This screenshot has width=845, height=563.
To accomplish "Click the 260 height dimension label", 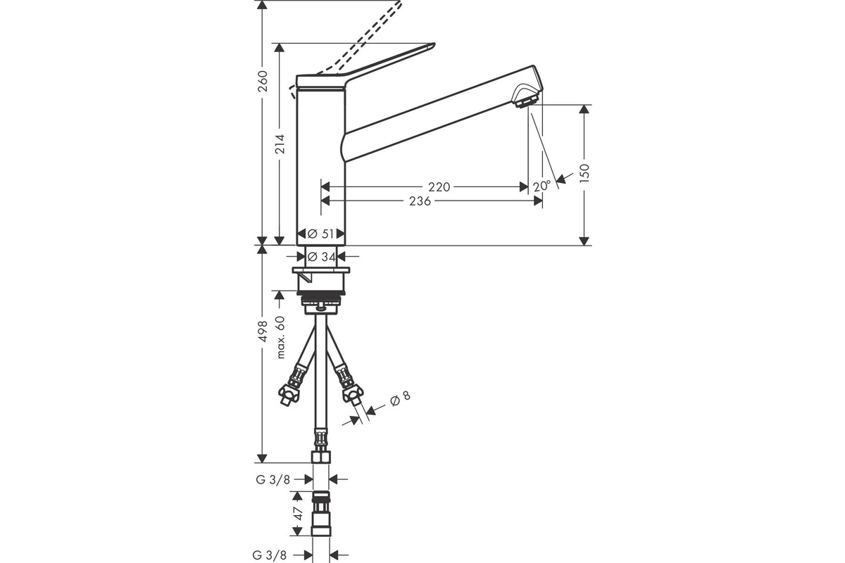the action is [x=263, y=81].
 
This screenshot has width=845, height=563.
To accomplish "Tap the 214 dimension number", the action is [x=280, y=144].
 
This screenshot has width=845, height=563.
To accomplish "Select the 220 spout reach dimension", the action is [x=439, y=187].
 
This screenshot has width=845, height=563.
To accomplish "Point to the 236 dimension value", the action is [x=420, y=201].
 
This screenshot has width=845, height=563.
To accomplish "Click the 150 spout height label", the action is [x=584, y=173].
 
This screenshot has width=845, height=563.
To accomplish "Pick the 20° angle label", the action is [x=542, y=186].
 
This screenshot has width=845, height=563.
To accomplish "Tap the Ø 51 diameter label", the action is [x=320, y=234].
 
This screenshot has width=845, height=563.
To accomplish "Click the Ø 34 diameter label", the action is [x=321, y=257].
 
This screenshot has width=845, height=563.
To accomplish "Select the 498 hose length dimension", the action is [x=263, y=331].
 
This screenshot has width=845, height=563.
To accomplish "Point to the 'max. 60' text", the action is [x=280, y=337].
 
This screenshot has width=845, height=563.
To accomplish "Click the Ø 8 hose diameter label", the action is [x=400, y=398].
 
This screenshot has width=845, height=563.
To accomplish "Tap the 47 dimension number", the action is [x=298, y=513].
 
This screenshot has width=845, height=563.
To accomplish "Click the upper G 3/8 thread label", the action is [x=273, y=480].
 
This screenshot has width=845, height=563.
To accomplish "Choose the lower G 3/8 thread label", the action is [x=269, y=555].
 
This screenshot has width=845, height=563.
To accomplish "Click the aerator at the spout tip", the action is [x=527, y=101].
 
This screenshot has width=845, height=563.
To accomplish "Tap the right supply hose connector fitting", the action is [x=351, y=388].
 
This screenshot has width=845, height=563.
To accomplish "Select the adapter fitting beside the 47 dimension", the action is [x=321, y=513].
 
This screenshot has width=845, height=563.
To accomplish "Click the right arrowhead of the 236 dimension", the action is [x=538, y=201].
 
